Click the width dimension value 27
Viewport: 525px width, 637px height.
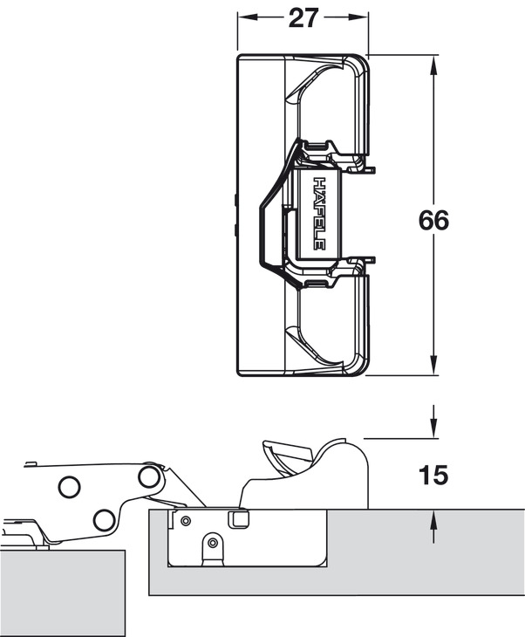[x=302, y=18]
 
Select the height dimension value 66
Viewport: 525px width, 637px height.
[x=433, y=220]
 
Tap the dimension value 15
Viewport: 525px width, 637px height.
[x=433, y=476]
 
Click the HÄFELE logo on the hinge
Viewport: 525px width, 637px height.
[x=319, y=215]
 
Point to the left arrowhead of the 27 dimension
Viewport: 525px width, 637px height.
[x=245, y=18]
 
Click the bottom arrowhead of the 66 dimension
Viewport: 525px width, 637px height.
[x=433, y=367]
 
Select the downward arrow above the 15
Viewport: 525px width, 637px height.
[x=433, y=428]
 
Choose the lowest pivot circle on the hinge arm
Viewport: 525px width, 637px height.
[x=104, y=521]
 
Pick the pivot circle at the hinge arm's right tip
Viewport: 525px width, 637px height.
[x=149, y=476]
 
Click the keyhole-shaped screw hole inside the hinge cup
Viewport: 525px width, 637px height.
[x=211, y=545]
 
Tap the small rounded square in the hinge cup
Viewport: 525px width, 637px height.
[x=236, y=519]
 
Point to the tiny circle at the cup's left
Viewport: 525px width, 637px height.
[x=184, y=520]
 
